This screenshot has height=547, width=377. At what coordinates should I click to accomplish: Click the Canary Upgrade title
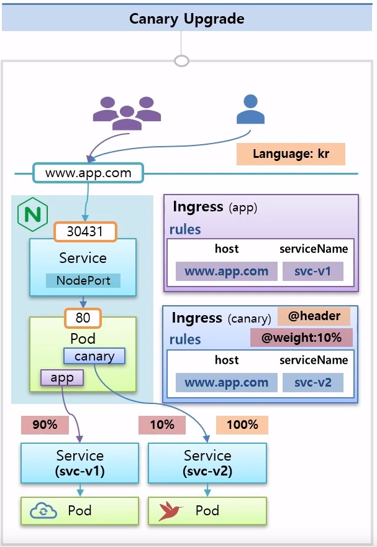[187, 19]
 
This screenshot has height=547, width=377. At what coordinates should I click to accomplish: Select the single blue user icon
[250, 110]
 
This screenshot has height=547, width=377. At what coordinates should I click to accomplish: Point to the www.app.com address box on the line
[88, 173]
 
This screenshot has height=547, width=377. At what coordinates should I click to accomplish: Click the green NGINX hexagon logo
[32, 213]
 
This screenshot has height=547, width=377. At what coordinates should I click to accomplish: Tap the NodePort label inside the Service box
[83, 280]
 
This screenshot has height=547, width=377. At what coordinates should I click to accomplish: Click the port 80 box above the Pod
[83, 318]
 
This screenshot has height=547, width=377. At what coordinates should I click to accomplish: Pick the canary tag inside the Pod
[94, 356]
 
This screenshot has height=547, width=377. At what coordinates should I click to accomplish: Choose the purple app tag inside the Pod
[61, 377]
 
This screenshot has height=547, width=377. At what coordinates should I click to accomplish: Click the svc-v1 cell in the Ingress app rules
[313, 271]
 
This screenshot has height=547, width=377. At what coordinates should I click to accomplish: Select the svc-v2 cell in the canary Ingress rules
[313, 382]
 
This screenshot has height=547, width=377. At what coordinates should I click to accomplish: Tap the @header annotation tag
[314, 316]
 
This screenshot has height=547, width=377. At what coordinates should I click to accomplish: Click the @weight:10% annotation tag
[301, 338]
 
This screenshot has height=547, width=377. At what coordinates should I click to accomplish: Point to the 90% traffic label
[44, 425]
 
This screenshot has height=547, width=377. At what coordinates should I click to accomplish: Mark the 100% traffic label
[242, 425]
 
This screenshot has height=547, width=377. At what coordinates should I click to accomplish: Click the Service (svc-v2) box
[207, 463]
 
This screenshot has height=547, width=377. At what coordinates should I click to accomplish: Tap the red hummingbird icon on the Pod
[171, 511]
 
